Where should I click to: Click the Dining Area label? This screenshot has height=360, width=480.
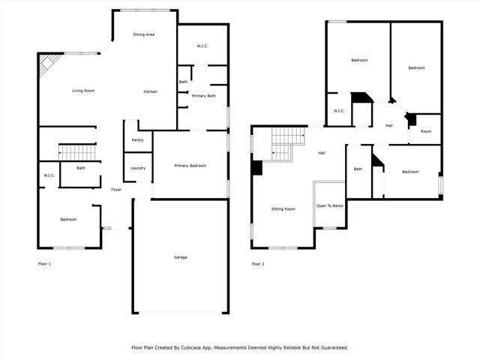point(144,34)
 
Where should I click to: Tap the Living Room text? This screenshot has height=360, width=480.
point(83,91)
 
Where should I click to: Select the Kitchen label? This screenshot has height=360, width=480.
point(151,91)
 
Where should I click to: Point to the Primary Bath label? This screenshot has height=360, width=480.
point(204,96)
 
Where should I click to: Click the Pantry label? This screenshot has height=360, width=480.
point(137,140)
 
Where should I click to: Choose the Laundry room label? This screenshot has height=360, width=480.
point(138,168)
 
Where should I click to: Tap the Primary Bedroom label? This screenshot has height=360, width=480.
point(190,166)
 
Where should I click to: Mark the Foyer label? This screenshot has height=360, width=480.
point(116,190)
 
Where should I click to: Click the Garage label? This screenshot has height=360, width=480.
point(181,257)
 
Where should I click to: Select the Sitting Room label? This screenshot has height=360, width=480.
point(283,208)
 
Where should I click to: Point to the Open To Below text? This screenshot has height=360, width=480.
point(330,205)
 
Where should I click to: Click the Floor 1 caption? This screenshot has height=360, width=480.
point(45,264)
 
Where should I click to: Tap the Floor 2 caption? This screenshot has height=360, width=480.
point(258,264)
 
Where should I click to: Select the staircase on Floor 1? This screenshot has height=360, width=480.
point(77,152)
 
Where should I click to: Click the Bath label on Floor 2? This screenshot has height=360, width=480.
point(358,169)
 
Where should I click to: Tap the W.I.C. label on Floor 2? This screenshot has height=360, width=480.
point(338,111)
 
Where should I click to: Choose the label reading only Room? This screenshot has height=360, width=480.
point(425,131)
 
